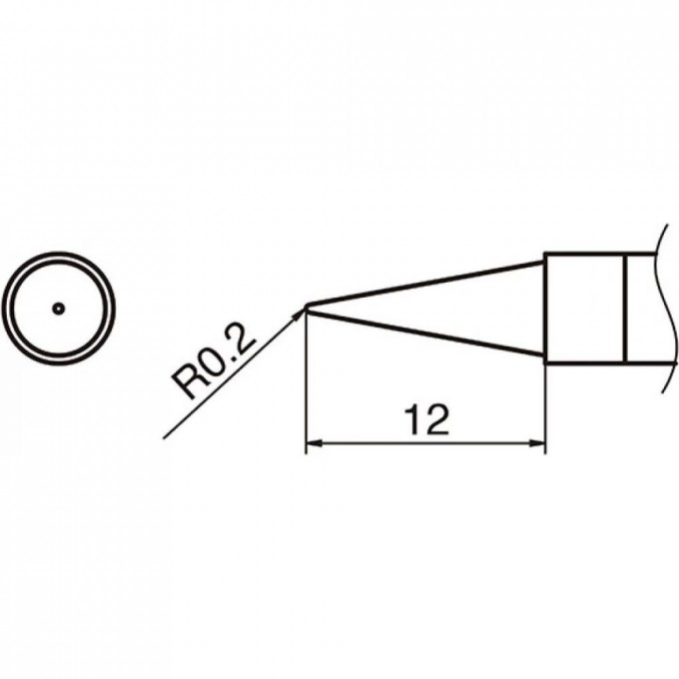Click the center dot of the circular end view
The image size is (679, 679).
coord(59,309)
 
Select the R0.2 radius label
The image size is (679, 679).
coord(214,361)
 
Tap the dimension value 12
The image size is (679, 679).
coord(426,419)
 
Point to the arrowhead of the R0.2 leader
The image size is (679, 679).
coord(300,315)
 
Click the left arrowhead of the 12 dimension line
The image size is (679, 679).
coord(314,443)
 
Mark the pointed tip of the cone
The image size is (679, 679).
coord(307,308)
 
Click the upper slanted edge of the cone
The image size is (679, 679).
coord(425,283)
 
